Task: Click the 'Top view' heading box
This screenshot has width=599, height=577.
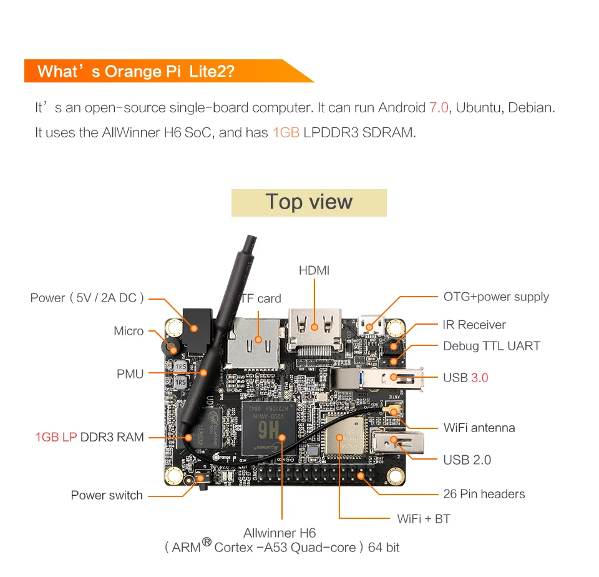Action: pos(309,202)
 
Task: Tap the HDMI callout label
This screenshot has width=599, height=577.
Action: pos(314,270)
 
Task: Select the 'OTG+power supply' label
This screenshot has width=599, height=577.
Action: pos(496,297)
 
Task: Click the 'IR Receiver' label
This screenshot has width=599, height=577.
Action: pos(474,325)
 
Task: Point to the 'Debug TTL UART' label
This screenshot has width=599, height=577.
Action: pos(492,346)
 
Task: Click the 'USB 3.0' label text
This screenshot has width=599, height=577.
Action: pos(465,378)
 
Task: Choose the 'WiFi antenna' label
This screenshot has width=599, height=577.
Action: pos(479,428)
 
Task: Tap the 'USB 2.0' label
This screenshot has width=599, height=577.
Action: pos(467,460)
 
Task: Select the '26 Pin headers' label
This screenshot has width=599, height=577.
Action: pos(484,494)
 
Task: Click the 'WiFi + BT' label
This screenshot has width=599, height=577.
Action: pos(424,519)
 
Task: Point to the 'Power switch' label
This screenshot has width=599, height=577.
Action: pos(107,495)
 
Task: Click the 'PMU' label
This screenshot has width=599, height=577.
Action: pos(130,374)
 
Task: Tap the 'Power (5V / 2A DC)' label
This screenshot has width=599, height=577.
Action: pos(87,298)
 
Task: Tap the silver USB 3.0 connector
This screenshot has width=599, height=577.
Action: pos(377,377)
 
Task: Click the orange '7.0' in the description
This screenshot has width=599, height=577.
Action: pos(439,107)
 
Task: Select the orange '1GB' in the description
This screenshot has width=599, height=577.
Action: pos(286,133)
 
